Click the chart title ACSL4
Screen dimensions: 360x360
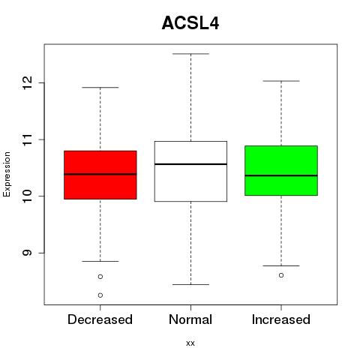[x=190, y=23]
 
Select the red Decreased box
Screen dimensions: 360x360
[x=100, y=175]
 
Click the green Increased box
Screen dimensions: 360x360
[x=281, y=170]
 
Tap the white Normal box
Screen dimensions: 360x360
[x=190, y=171]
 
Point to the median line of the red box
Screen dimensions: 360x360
[x=100, y=174]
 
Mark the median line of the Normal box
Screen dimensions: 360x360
[x=190, y=164]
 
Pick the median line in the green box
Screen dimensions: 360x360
[x=281, y=175]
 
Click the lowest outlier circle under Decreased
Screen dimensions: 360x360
[x=100, y=295]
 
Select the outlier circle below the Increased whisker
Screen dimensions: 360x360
[x=281, y=275]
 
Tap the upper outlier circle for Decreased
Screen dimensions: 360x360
[x=100, y=277]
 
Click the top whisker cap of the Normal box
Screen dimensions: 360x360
[x=190, y=54]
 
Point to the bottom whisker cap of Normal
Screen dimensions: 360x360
[x=190, y=284]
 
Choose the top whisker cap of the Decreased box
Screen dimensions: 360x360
[x=100, y=88]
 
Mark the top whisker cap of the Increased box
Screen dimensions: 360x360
[x=281, y=81]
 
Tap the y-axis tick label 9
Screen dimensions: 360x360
[x=27, y=253]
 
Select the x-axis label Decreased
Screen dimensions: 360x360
[x=100, y=319]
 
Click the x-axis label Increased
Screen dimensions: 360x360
[x=281, y=319]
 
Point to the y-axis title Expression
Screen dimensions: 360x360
[x=7, y=174]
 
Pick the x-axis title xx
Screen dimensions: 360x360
[x=190, y=343]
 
